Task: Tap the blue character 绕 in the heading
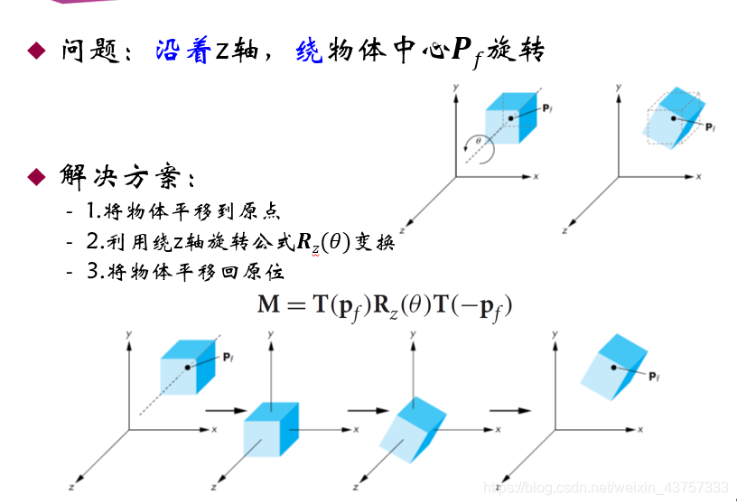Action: click(x=309, y=50)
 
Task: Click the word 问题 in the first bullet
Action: click(x=90, y=50)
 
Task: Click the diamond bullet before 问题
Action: click(x=35, y=50)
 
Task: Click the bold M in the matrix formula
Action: click(x=268, y=305)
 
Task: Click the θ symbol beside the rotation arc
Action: click(x=480, y=140)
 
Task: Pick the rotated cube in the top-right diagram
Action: click(x=672, y=117)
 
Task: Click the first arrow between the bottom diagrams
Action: click(x=225, y=411)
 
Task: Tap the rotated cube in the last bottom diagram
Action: click(x=611, y=366)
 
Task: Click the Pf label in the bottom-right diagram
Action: click(x=655, y=373)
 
